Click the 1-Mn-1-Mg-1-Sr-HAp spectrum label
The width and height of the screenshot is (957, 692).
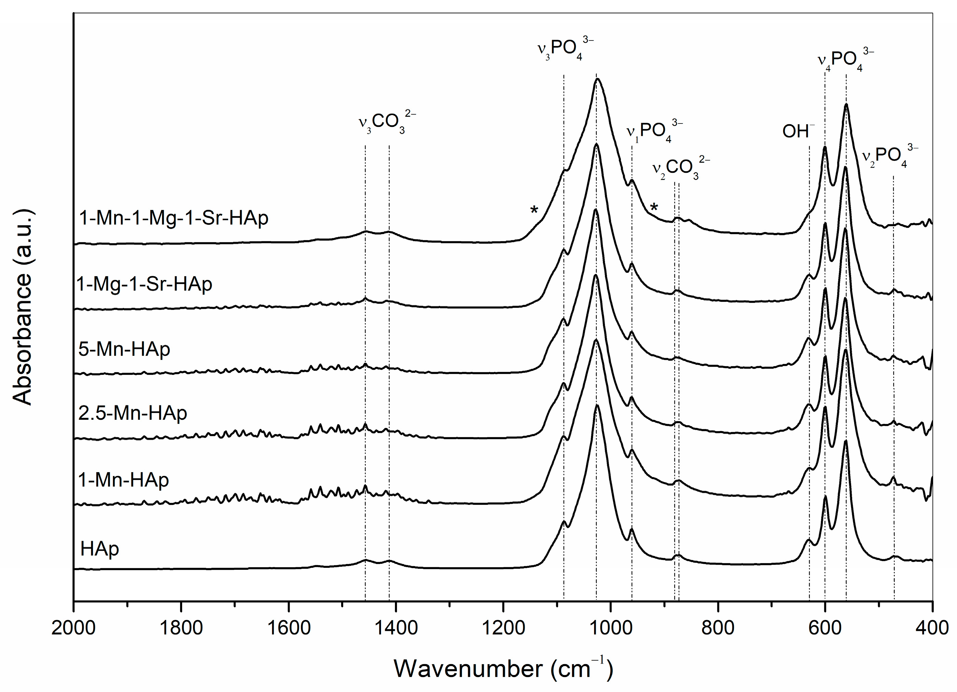click(x=173, y=218)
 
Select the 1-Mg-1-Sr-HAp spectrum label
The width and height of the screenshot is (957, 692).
click(x=144, y=284)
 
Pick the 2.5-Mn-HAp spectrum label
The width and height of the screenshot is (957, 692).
click(x=132, y=413)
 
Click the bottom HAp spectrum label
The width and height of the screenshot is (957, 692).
click(x=100, y=549)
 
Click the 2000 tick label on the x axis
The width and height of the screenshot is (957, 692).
click(x=74, y=628)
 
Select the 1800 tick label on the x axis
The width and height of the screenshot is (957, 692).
click(x=181, y=628)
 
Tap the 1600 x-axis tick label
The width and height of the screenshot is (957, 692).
click(x=289, y=628)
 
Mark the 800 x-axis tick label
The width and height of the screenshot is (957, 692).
click(x=718, y=628)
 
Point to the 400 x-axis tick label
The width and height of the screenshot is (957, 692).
click(x=932, y=628)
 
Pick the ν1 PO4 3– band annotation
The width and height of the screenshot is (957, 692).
click(x=654, y=131)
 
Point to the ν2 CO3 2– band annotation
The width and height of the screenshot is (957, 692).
click(x=681, y=167)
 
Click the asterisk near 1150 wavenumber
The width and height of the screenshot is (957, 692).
click(x=534, y=210)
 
